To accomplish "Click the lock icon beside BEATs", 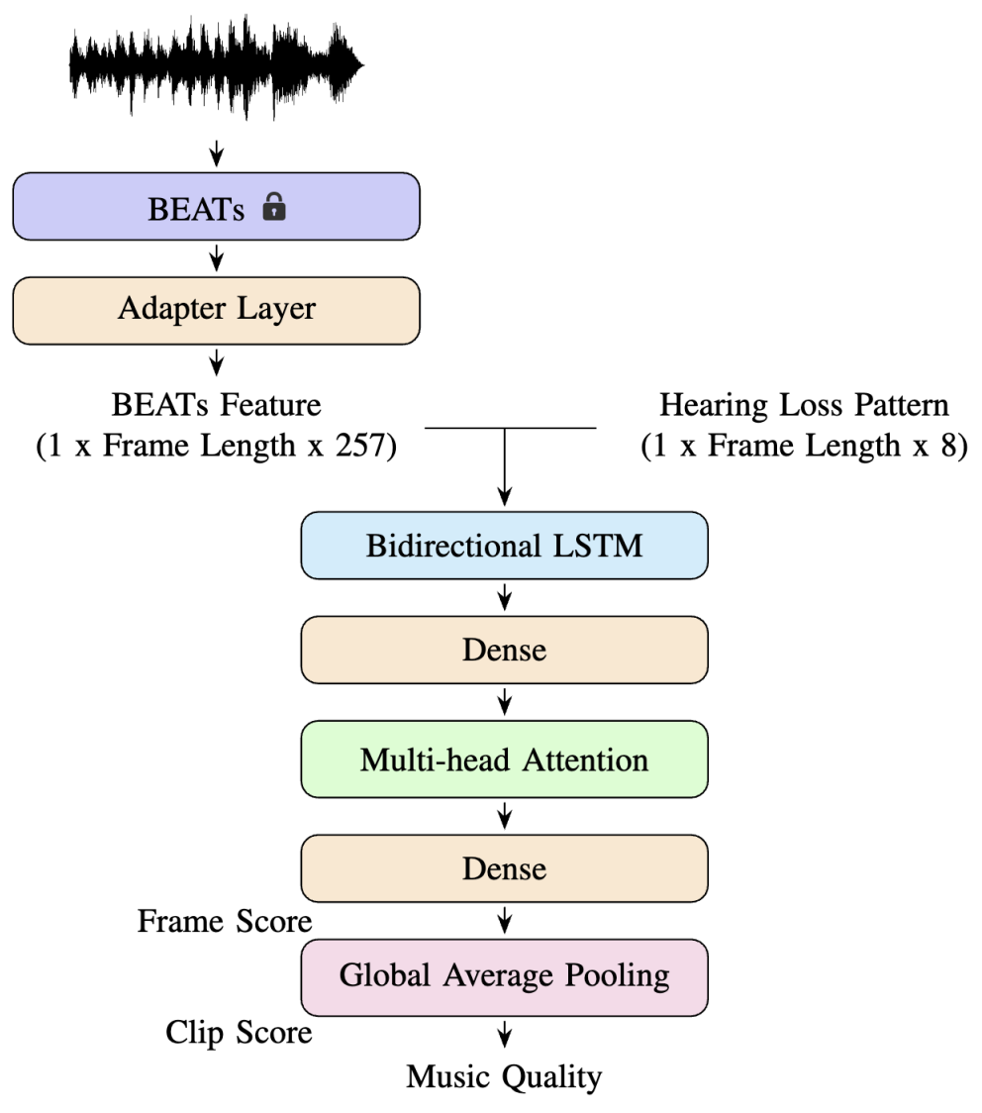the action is (x=274, y=207).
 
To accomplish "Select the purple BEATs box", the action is (x=217, y=206).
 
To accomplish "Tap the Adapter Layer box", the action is (x=217, y=311).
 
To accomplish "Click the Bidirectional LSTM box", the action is (x=505, y=546).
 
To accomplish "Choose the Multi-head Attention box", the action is (x=505, y=759).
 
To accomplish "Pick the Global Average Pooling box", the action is (x=505, y=977).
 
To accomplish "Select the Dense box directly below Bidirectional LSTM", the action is (x=505, y=650).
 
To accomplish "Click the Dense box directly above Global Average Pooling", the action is (x=505, y=868).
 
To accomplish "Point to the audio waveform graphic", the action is (x=217, y=66).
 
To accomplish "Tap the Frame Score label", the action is (x=224, y=921).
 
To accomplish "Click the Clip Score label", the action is (x=239, y=1032).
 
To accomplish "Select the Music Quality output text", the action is (x=504, y=1076).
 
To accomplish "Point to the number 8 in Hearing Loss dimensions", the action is (x=949, y=445).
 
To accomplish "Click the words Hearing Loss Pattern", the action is (x=804, y=405).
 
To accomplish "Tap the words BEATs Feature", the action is (x=217, y=405).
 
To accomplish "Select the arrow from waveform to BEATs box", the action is (x=217, y=153).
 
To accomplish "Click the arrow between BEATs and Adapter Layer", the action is (x=217, y=258).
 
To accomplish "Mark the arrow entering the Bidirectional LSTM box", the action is (x=505, y=467).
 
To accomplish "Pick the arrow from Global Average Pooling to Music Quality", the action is (x=505, y=1034).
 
